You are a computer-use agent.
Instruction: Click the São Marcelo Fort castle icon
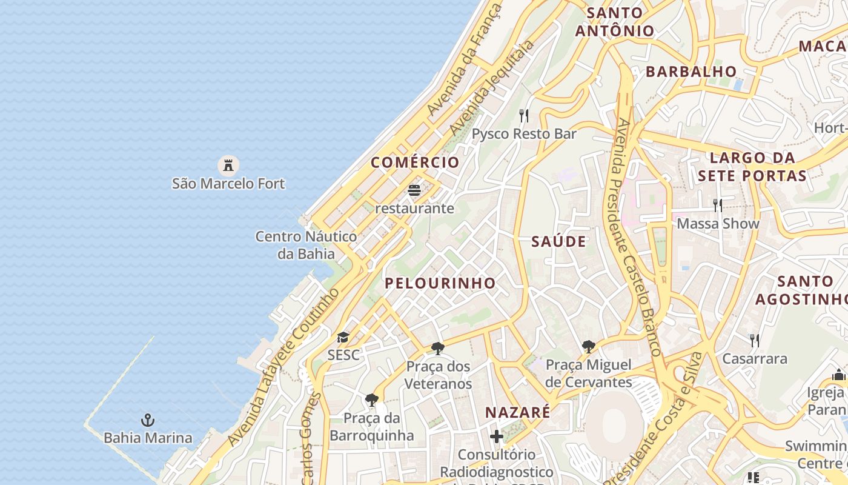(228, 164)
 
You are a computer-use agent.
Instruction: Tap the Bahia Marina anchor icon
(148, 420)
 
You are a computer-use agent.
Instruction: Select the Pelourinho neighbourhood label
(440, 283)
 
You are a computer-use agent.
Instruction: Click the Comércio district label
(416, 162)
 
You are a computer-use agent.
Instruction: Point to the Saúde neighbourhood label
(559, 242)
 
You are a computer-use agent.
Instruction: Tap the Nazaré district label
(518, 413)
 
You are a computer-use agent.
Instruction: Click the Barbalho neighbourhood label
(691, 72)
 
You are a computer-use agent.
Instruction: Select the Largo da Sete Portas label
(752, 167)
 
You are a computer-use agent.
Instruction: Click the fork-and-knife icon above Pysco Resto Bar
(524, 115)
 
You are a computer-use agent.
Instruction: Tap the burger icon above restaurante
(414, 191)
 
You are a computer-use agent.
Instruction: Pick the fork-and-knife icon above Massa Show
(718, 206)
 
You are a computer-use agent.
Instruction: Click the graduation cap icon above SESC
(343, 337)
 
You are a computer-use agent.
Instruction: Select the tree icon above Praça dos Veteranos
(438, 349)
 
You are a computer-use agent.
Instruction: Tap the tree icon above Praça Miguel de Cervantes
(588, 347)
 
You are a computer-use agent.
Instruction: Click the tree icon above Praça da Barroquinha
(372, 400)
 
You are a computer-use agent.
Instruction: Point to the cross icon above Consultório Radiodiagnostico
(497, 436)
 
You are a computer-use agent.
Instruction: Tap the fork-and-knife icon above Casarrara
(754, 341)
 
